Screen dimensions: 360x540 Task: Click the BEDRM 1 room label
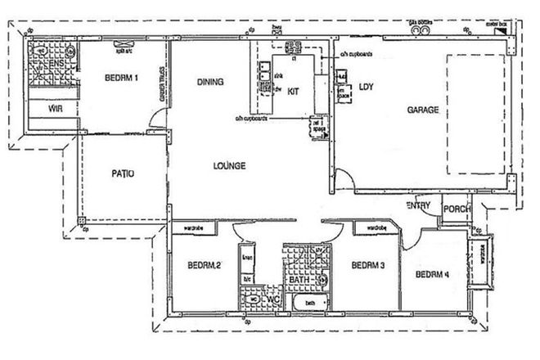click(121, 79)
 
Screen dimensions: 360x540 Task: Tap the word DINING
click(211, 81)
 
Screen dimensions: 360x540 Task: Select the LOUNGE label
click(229, 165)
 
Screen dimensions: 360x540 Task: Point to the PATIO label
click(122, 173)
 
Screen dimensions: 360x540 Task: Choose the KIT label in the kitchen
click(294, 92)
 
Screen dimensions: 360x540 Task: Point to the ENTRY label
click(419, 205)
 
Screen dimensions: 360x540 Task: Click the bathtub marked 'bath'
click(311, 304)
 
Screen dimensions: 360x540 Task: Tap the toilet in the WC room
click(253, 299)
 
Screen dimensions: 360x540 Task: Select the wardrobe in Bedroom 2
click(193, 228)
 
